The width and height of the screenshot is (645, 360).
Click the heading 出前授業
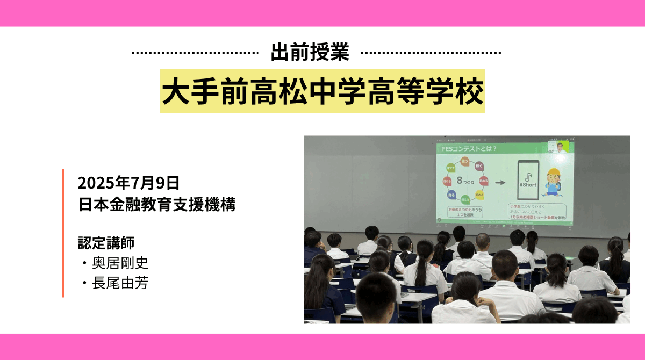pyautogui.click(x=310, y=53)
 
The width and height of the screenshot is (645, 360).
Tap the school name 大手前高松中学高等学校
pyautogui.click(x=322, y=91)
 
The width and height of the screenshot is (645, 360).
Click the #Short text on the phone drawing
pyautogui.click(x=527, y=183)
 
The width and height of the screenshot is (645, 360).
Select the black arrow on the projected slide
pyautogui.click(x=500, y=182)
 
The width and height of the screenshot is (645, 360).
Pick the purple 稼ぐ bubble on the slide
pyautogui.click(x=479, y=166)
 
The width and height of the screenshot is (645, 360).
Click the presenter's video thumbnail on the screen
pyautogui.click(x=560, y=147)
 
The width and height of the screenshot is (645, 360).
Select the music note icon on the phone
pyautogui.click(x=528, y=175)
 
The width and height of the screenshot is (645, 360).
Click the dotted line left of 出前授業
pyautogui.click(x=194, y=53)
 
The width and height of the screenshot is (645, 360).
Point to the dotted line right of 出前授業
pyautogui.click(x=431, y=53)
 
